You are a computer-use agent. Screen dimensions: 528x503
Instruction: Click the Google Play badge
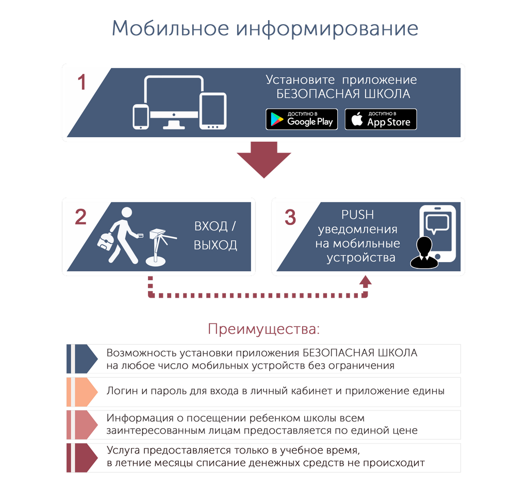pos(302,119)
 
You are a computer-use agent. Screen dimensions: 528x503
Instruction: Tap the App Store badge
pos(381,119)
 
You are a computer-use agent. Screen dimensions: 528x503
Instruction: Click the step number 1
pos(82,82)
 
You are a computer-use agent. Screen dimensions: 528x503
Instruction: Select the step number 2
pos(80,217)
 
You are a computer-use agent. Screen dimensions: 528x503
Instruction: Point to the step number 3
pos(290,217)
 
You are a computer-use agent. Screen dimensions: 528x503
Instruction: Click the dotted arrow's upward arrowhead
pos(366,281)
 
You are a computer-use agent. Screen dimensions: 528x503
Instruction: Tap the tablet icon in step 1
pos(213,111)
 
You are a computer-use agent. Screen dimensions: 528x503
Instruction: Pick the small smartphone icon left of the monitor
pos(141,117)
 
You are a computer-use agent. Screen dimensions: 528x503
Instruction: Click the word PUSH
pos(358,215)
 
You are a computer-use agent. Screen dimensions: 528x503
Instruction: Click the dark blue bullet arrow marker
pos(82,359)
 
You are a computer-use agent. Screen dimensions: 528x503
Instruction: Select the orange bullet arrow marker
pos(82,392)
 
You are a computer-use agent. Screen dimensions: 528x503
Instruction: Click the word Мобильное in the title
pos(170,28)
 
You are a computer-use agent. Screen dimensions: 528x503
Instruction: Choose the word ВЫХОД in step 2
pos(216,245)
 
